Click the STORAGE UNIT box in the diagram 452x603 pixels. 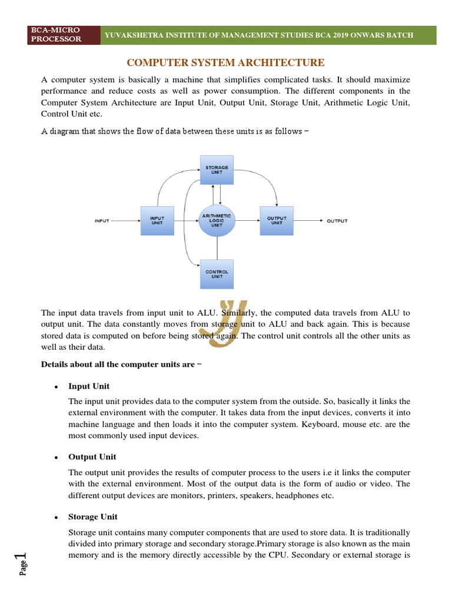coord(217,171)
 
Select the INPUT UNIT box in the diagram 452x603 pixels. coord(157,221)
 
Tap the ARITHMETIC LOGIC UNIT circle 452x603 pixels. coord(217,221)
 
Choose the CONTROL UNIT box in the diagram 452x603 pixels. coord(217,274)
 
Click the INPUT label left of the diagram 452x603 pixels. coord(102,221)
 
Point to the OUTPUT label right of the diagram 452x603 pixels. coord(337,221)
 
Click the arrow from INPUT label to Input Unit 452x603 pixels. coord(125,221)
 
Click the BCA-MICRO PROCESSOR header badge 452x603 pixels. coord(57,35)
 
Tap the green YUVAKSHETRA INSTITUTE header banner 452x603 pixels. coord(259,35)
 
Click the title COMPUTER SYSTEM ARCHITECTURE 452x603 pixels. coord(226,63)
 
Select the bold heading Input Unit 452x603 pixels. coord(89,386)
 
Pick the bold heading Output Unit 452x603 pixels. coord(92,457)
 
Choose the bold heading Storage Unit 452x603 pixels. coord(93,517)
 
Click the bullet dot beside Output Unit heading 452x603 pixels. coord(55,458)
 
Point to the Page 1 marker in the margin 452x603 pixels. coord(22,565)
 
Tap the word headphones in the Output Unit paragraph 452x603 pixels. coord(301,496)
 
